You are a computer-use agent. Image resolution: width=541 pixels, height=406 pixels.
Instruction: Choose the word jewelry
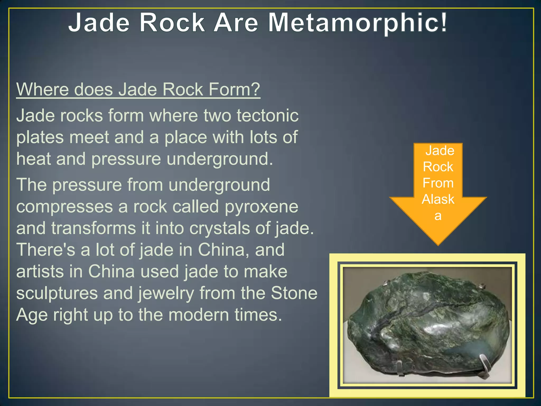click(x=166, y=293)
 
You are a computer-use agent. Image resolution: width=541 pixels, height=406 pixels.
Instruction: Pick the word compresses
click(x=64, y=207)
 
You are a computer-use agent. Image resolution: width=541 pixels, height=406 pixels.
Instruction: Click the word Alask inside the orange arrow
click(x=438, y=199)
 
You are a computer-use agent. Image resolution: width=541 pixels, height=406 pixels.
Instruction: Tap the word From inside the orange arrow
click(x=438, y=183)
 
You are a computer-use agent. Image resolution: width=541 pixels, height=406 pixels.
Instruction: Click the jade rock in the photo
click(x=423, y=325)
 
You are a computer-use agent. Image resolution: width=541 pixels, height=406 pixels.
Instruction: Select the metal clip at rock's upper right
click(x=482, y=286)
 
